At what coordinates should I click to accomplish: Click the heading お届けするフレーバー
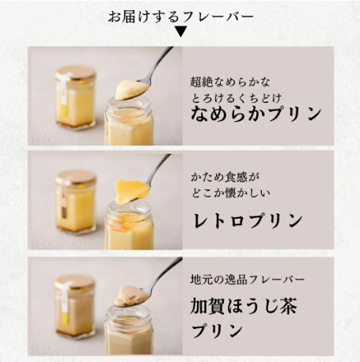[180, 17]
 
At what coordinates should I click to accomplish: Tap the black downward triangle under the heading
[181, 32]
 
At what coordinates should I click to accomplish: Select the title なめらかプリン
[256, 113]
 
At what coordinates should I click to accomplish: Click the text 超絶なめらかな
[230, 82]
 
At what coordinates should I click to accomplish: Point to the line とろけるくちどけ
[237, 98]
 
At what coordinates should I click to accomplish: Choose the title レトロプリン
[248, 220]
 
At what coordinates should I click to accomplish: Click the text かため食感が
[225, 177]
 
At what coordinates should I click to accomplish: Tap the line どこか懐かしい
[231, 193]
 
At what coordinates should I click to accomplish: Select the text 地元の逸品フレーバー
[248, 280]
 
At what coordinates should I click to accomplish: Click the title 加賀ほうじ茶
[244, 306]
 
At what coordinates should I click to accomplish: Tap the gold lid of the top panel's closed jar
[76, 73]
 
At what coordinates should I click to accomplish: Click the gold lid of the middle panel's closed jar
[76, 177]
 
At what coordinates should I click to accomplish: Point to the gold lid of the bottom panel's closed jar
[74, 282]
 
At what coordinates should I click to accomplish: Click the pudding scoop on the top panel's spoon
[132, 90]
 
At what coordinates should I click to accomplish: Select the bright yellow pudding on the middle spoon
[131, 191]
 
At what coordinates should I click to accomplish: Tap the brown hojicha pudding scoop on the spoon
[130, 295]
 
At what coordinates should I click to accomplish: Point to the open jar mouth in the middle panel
[129, 212]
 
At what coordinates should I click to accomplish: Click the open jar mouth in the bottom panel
[128, 317]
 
